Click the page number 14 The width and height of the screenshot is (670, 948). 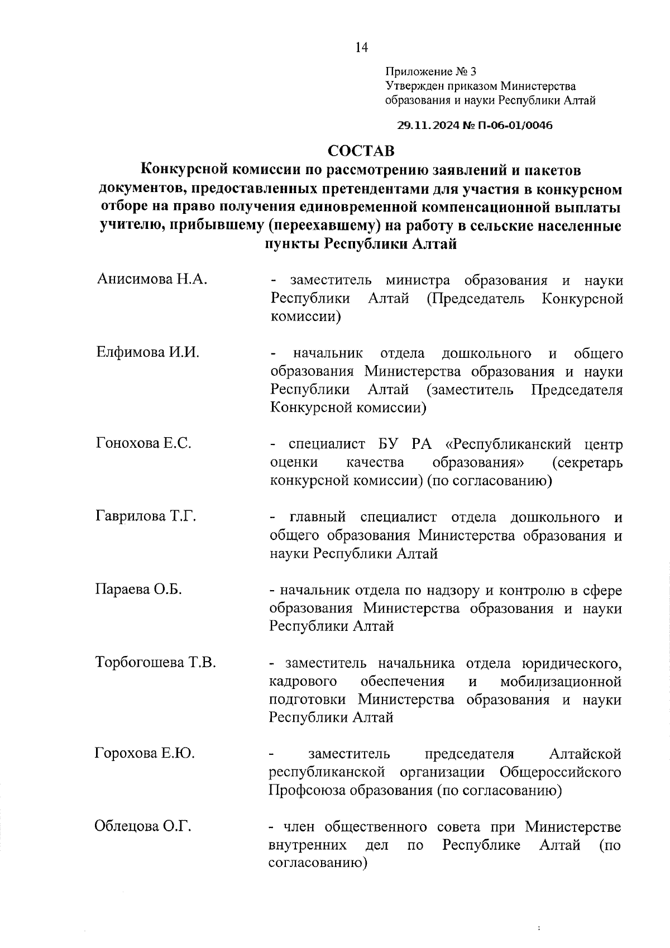click(x=361, y=47)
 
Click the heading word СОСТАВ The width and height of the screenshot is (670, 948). click(x=361, y=151)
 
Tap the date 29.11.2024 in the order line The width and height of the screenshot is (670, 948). click(x=429, y=126)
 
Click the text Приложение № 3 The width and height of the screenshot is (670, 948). click(x=431, y=71)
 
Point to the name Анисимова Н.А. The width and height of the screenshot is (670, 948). click(x=152, y=279)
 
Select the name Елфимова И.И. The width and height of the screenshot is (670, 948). click(x=148, y=353)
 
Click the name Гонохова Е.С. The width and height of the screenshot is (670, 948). click(x=144, y=444)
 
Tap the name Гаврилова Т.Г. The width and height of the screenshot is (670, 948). click(x=146, y=516)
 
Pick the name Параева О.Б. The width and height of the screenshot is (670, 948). click(x=138, y=590)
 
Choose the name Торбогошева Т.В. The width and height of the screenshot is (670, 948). click(x=156, y=663)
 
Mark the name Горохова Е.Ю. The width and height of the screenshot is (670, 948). click(x=145, y=754)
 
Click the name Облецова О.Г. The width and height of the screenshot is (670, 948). click(x=143, y=826)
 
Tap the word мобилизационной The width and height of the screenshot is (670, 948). click(x=561, y=682)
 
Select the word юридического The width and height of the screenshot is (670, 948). click(x=571, y=663)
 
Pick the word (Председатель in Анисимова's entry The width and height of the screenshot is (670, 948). click(x=475, y=298)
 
